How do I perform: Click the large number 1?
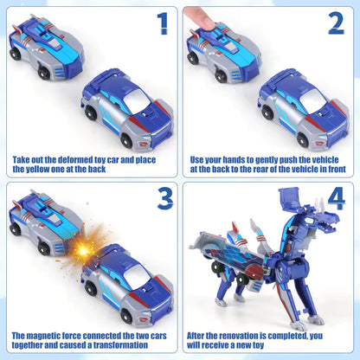(x=161, y=23)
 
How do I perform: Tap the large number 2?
(x=336, y=23)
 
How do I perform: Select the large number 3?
(x=161, y=199)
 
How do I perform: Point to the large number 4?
(x=336, y=198)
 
